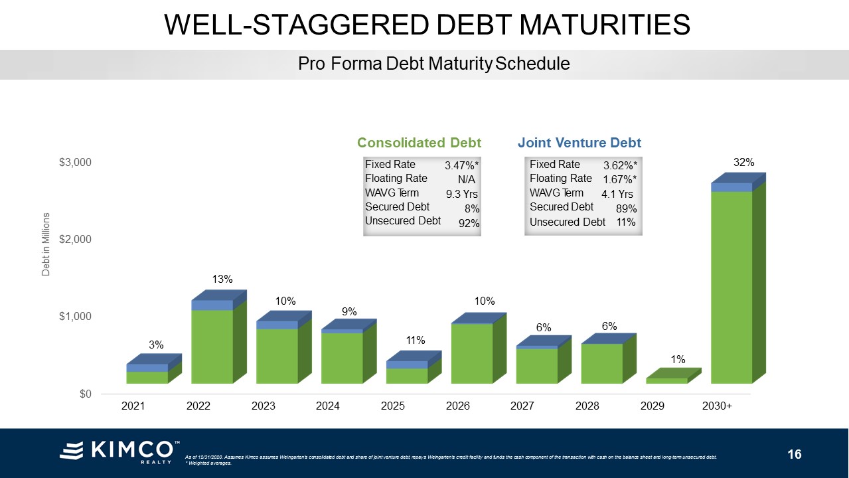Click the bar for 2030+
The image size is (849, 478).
coord(732,285)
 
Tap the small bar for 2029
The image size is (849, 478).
coord(667,380)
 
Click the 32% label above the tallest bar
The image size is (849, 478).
coord(743,162)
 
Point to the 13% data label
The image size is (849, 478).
coord(222,279)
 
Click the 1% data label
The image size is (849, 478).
coord(678,359)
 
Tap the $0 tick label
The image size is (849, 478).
coord(84,394)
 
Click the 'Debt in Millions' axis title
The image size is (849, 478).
coord(46,244)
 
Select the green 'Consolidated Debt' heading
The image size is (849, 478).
coord(419,143)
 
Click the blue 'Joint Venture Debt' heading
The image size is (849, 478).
coord(579,143)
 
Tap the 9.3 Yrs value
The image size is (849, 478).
coord(462,195)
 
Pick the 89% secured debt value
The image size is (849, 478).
coord(625,208)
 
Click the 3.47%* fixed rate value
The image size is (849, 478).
coord(462,165)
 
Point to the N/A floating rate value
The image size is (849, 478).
coord(467,179)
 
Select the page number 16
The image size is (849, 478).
coord(795,455)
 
